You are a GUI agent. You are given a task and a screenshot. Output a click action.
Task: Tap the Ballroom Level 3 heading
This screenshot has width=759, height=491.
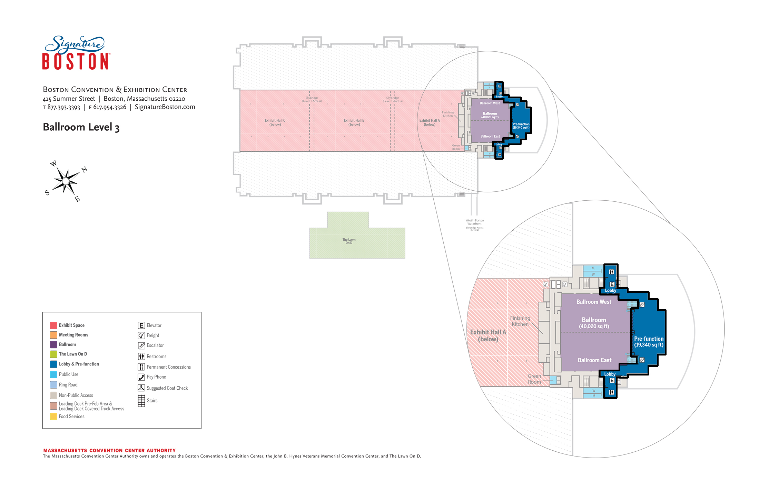tap(81, 127)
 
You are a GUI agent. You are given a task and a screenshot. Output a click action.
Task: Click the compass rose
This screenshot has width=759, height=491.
tap(66, 181)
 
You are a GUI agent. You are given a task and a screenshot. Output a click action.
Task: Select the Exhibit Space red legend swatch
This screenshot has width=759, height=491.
tap(53, 325)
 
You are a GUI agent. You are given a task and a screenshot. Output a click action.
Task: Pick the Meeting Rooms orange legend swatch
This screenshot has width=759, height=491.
tap(53, 335)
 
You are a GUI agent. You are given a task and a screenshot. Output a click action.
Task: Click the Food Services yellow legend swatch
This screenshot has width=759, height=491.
tap(53, 417)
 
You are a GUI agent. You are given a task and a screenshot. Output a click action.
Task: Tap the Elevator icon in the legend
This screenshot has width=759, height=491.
tap(141, 325)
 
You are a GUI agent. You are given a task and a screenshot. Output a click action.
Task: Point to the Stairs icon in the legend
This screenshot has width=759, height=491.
tap(141, 401)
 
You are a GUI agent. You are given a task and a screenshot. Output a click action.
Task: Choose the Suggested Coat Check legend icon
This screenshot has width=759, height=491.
tap(141, 388)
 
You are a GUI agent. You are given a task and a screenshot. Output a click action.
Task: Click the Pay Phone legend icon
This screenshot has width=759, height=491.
tap(141, 377)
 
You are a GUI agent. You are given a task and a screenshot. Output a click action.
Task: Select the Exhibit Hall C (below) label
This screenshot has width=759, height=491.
tap(275, 122)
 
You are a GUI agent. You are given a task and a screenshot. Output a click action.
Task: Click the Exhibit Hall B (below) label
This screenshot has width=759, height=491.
tap(354, 122)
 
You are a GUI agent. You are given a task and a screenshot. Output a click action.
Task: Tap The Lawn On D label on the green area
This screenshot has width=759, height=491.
tap(349, 241)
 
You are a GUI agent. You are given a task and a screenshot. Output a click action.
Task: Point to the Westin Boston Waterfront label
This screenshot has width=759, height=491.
tap(475, 222)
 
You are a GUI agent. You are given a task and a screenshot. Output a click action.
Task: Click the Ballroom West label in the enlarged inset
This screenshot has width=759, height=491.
tap(594, 302)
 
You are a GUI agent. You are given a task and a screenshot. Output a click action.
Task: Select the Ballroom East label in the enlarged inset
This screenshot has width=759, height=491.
tap(594, 360)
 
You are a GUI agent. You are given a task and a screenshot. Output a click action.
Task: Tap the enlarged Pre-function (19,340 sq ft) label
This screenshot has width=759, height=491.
tap(649, 342)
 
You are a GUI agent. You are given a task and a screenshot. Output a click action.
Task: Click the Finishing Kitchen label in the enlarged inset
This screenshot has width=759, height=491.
tap(520, 321)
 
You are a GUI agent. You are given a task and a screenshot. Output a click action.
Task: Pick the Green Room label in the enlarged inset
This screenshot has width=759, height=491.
tap(534, 379)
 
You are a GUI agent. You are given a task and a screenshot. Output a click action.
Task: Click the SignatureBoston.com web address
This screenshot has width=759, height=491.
tap(165, 107)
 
